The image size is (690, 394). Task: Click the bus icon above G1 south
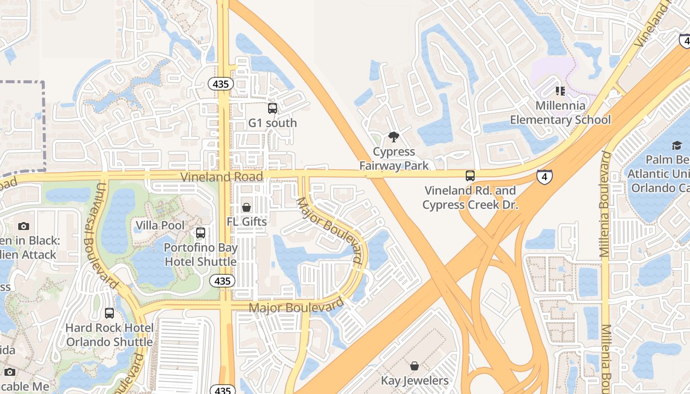[272, 108]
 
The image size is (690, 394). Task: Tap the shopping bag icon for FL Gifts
[246, 207]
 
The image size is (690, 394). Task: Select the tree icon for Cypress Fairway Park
[393, 137]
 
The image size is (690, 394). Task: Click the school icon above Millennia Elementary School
[560, 91]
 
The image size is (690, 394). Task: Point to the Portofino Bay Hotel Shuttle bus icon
[200, 233]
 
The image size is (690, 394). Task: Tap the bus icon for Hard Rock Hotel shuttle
[109, 313]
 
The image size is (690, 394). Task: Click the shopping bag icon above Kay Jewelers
[414, 366]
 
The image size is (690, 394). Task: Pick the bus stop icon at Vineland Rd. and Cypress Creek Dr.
[470, 176]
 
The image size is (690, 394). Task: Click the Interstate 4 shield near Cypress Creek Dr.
[545, 176]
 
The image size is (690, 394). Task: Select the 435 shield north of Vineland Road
[220, 84]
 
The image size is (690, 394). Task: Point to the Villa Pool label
[160, 226]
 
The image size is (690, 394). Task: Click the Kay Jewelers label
[414, 381]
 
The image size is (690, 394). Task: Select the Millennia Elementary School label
[560, 113]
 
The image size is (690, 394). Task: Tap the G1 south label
[273, 123]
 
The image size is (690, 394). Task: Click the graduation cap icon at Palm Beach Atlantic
[676, 145]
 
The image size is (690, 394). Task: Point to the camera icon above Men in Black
[23, 227]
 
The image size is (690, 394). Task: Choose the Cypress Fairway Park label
[394, 159]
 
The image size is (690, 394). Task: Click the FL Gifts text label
[246, 222]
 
